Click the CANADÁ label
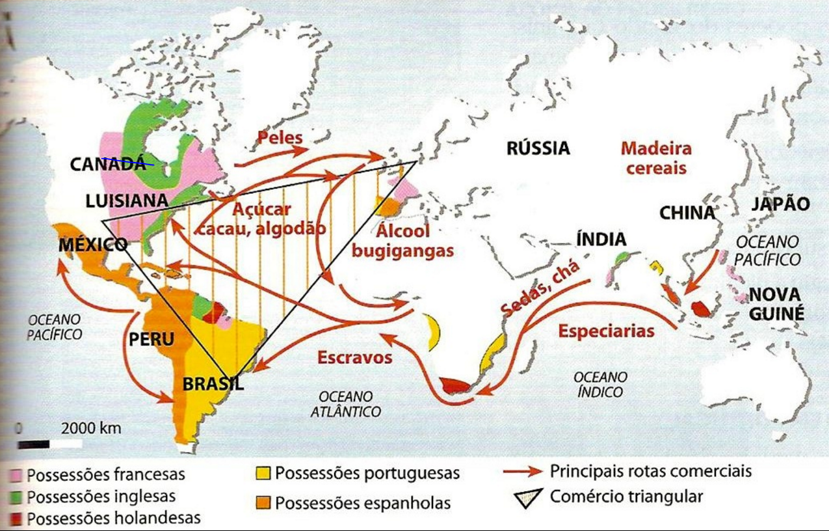point(108,164)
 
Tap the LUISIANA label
point(127,201)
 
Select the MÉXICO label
point(93,245)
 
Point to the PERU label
point(151,340)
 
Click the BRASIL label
point(213,384)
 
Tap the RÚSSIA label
point(538,148)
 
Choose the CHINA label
point(687,213)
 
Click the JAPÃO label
point(780,204)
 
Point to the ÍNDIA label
point(601,239)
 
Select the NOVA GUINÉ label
point(776,304)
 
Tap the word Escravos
point(354,357)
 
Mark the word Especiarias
point(606,331)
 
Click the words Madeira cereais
point(655,157)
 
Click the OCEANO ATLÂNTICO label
point(345,403)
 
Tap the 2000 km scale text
point(91,429)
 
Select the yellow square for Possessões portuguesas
point(263,473)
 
